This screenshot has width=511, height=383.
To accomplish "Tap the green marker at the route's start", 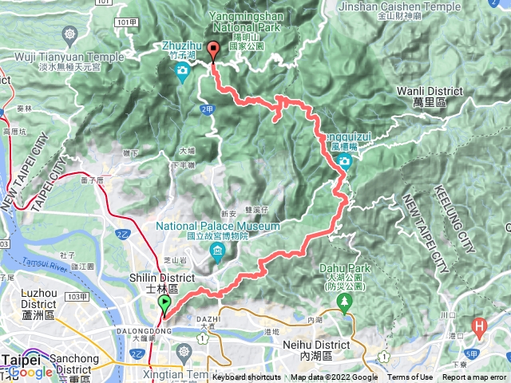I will coord(164,304).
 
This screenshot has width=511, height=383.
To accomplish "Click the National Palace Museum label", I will coord(218,231).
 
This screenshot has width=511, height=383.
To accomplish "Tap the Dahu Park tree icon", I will coord(345,301).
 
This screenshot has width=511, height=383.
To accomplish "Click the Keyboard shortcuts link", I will coord(247,377).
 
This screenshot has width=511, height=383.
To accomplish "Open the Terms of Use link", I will coord(410,377).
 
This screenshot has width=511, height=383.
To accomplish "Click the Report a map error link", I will coord(474,377).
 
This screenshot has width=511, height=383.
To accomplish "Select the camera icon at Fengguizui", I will coord(344,161).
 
